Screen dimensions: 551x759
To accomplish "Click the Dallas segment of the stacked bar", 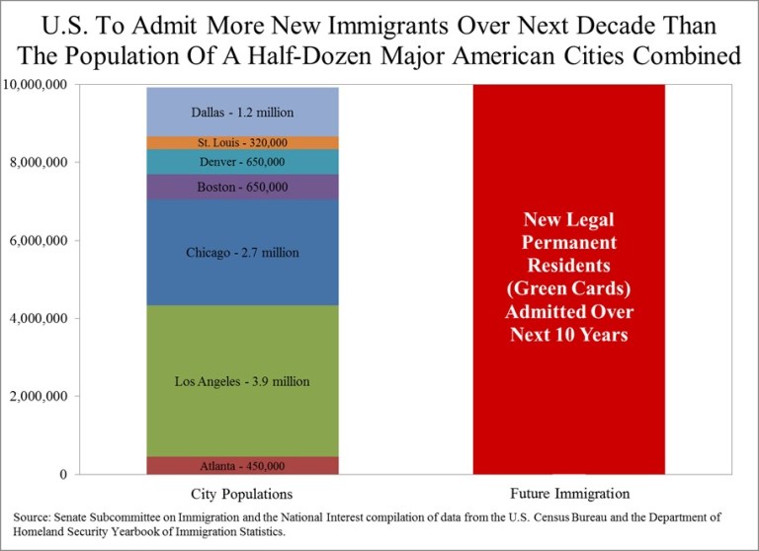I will (242, 113).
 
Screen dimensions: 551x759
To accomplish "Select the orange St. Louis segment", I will (242, 142).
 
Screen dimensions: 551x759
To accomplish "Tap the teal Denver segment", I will (242, 162).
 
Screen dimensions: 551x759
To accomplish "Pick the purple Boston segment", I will (242, 188).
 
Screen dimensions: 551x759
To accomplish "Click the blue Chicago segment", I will (242, 253).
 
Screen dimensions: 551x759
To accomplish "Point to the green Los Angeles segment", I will (242, 381).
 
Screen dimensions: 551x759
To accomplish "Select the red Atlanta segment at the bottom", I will (242, 465).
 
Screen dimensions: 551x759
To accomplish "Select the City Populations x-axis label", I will (242, 493).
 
